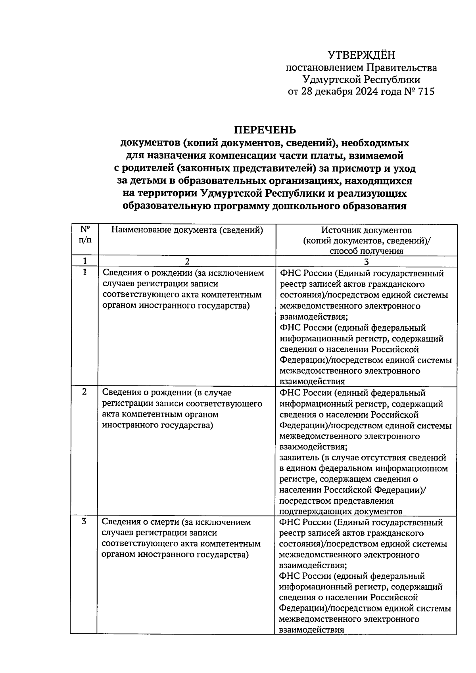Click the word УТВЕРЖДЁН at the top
[x=361, y=55]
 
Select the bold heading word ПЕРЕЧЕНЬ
[x=265, y=130]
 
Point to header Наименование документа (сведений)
[x=187, y=230]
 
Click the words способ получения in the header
[x=366, y=251]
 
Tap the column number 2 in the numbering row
[x=187, y=261]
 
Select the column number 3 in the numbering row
[x=366, y=261]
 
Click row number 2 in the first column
[x=84, y=392]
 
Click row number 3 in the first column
[x=84, y=522]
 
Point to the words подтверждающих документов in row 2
[x=341, y=512]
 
